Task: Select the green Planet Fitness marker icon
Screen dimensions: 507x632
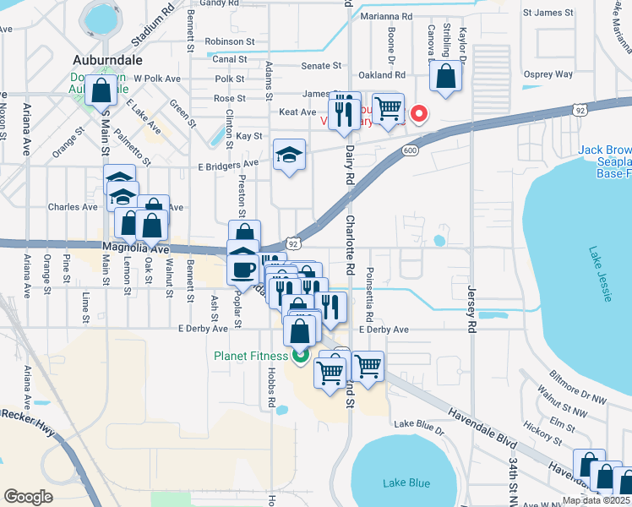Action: tap(300, 357)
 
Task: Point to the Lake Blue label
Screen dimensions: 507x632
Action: tap(406, 483)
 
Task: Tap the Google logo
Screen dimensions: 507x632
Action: tap(28, 496)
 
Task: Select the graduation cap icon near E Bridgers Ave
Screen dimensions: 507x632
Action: tap(289, 155)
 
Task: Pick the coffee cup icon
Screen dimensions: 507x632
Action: tap(244, 270)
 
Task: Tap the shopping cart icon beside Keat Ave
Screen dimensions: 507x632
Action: tap(387, 107)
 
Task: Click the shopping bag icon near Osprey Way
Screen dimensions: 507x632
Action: tap(445, 76)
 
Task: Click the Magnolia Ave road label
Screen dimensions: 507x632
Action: tap(136, 249)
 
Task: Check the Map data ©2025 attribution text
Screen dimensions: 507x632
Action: tap(595, 500)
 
